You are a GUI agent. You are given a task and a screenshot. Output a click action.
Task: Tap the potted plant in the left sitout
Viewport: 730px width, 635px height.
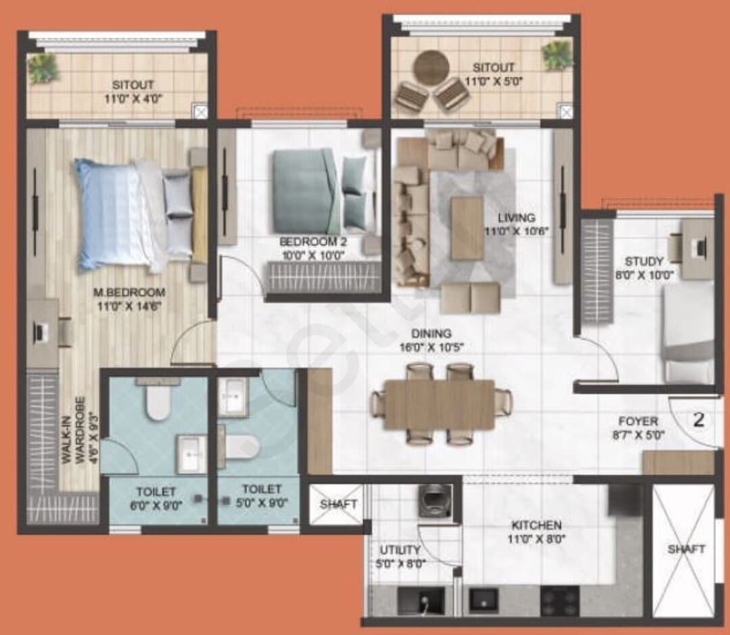tap(43, 68)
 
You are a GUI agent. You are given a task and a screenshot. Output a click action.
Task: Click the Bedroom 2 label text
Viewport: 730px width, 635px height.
tap(314, 242)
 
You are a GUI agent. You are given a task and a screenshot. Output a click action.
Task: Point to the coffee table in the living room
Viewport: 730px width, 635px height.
tap(467, 228)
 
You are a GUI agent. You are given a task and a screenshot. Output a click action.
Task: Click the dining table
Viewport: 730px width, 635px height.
tap(439, 404)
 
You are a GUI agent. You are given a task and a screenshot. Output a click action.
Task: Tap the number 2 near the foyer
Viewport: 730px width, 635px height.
tap(698, 420)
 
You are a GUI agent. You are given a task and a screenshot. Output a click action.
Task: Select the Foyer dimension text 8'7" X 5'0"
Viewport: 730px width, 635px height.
tap(638, 436)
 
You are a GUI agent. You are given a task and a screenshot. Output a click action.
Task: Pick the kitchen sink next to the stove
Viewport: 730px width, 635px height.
tap(483, 599)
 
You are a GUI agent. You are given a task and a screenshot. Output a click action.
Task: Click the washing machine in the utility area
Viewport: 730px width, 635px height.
tap(435, 501)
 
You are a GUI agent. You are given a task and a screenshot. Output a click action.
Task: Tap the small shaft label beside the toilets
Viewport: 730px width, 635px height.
tap(339, 504)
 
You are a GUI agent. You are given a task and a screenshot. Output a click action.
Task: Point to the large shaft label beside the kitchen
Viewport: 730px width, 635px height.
tap(686, 549)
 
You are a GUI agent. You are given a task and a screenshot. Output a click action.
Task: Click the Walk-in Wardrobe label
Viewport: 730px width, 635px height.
tap(74, 430)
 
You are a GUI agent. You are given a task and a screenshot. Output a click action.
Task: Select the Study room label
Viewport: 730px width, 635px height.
tap(644, 261)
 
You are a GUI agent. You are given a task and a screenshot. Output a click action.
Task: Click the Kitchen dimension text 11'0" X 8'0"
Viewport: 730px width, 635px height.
tap(536, 540)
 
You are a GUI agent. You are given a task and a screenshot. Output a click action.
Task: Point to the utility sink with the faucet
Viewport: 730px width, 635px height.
tap(421, 600)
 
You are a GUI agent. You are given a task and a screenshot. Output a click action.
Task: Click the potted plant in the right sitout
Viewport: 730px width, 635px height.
tap(557, 56)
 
